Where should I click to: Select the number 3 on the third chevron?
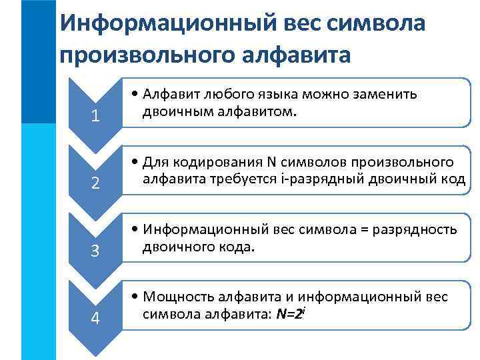pos(95,251)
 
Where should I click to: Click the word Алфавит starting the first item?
pos(172,94)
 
